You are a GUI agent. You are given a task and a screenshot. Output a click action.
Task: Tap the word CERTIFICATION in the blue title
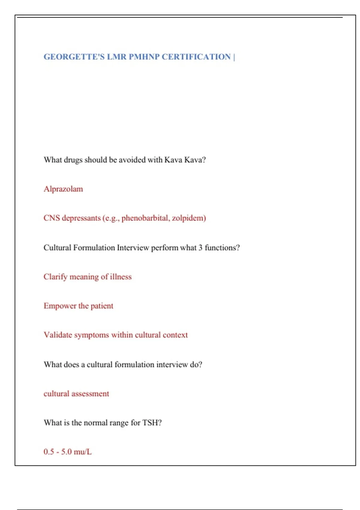pyautogui.click(x=196, y=57)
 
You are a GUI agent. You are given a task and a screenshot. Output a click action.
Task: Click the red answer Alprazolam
pyautogui.click(x=63, y=189)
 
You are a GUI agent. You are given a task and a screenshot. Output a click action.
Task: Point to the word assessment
pyautogui.click(x=90, y=394)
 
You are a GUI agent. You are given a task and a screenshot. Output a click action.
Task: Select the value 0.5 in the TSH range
pyautogui.click(x=49, y=452)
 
